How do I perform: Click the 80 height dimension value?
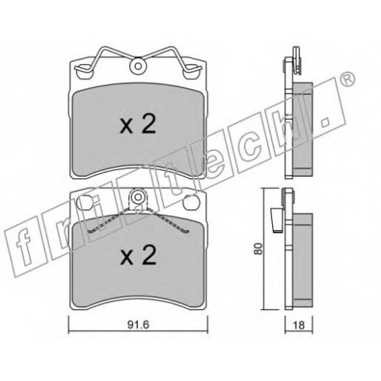(x=258, y=249)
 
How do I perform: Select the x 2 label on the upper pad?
(x=138, y=125)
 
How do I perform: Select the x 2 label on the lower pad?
(x=138, y=256)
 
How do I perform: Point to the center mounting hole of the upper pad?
(x=138, y=66)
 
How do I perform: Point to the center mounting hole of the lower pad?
(x=138, y=197)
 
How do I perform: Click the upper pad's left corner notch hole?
(x=84, y=72)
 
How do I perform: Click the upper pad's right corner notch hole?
(x=191, y=72)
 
